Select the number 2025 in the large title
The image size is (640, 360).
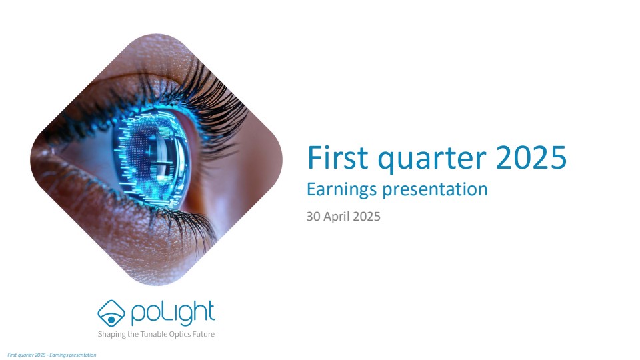tap(531, 157)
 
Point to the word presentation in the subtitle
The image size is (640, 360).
tap(435, 190)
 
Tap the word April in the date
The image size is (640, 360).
tap(337, 217)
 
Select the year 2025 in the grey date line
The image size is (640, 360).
tap(367, 216)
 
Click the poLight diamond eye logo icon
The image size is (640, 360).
tap(111, 313)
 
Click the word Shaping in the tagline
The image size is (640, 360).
tap(112, 334)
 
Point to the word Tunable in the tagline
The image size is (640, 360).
tap(153, 334)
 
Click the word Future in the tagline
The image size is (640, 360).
tap(203, 334)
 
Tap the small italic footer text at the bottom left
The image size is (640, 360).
tap(52, 355)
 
